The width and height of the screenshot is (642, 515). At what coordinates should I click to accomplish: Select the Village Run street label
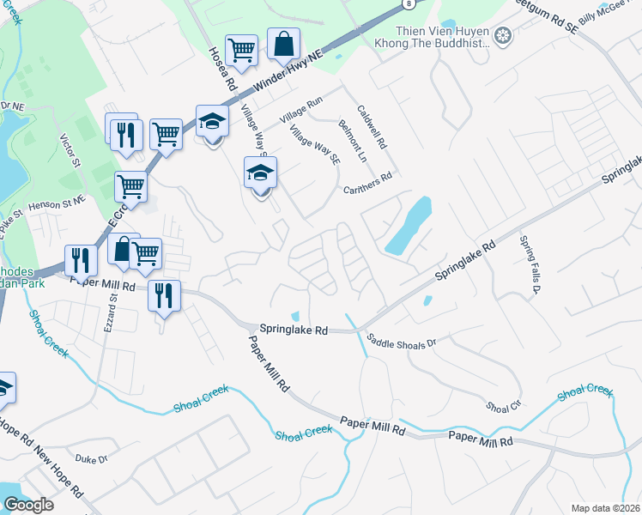click(303, 105)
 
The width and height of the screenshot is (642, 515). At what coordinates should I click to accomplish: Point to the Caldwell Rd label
click(373, 124)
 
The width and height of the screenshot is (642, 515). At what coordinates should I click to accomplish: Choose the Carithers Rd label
click(366, 182)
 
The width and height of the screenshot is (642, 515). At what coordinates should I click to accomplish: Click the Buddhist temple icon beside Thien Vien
click(504, 35)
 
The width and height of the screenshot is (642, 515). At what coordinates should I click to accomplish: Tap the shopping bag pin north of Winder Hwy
click(283, 43)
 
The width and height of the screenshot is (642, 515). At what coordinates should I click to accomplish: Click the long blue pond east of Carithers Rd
click(409, 225)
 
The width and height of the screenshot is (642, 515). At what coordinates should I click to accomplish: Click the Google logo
click(28, 504)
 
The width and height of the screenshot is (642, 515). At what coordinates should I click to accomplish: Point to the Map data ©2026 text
click(605, 508)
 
